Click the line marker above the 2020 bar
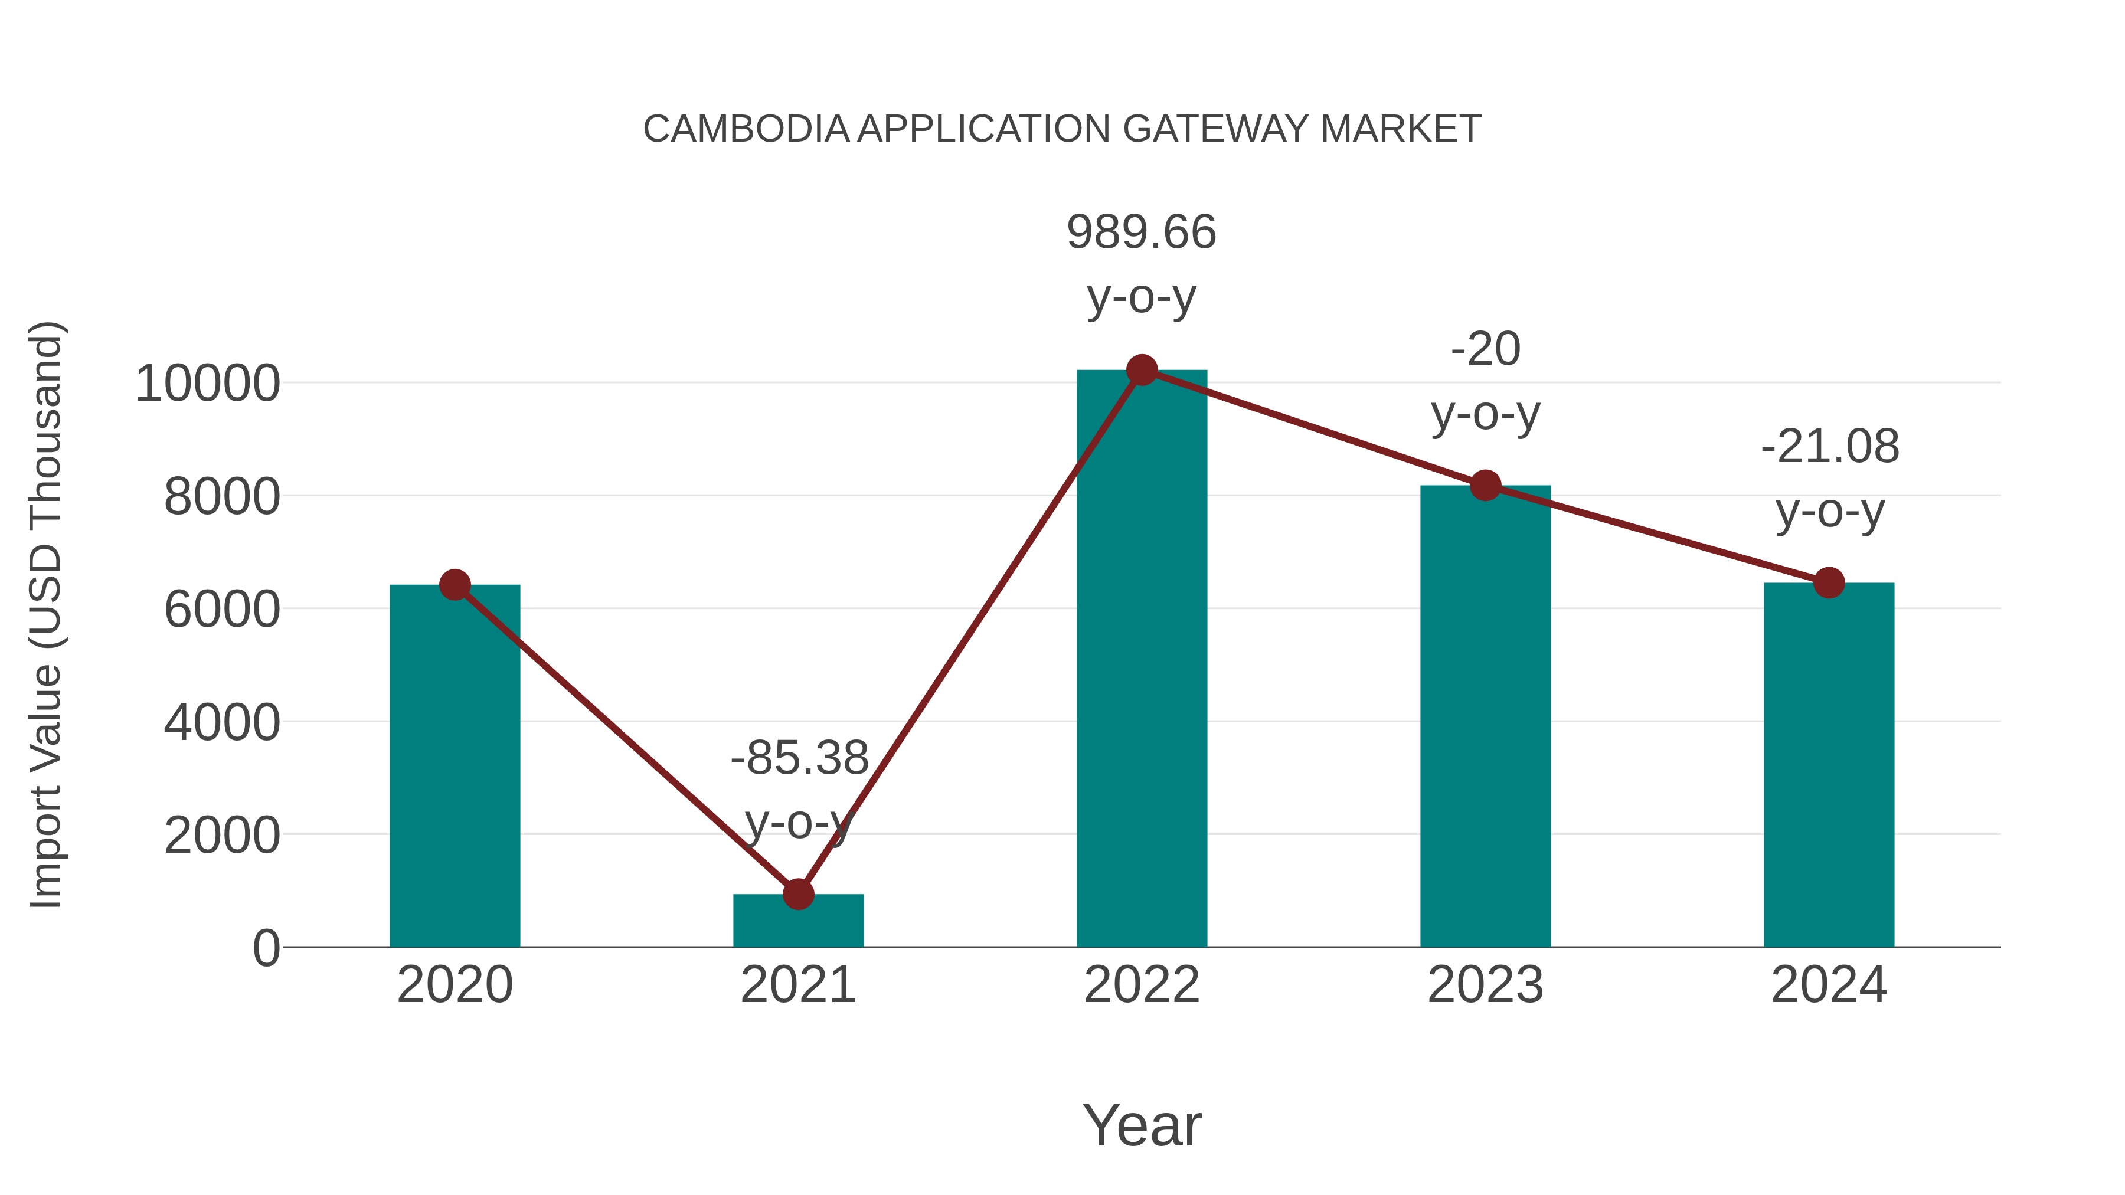click(455, 585)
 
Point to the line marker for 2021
click(797, 893)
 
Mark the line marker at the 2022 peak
click(1142, 370)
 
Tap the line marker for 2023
click(1485, 486)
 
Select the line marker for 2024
click(1829, 583)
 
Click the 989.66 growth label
click(1142, 232)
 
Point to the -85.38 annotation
click(799, 758)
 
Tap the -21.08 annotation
click(1830, 447)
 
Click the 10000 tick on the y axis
click(208, 384)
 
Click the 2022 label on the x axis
click(1142, 985)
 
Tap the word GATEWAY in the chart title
click(1216, 129)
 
